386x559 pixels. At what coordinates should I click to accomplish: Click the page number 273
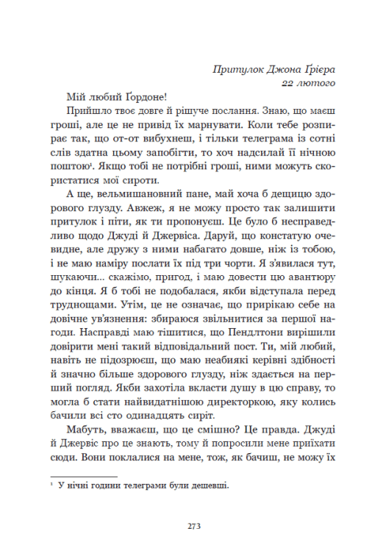(193, 525)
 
